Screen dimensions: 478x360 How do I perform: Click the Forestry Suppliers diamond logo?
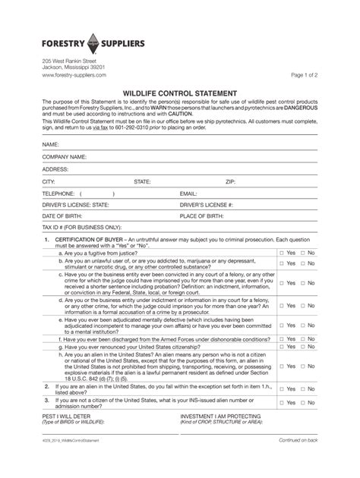coord(96,43)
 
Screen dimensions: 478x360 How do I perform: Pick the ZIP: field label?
coord(231,182)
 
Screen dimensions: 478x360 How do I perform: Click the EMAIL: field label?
coord(188,193)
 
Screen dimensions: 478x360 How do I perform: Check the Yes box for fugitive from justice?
coord(281,253)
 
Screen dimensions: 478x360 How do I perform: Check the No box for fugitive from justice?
coord(302,253)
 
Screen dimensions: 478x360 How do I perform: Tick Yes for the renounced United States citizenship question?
coord(281,346)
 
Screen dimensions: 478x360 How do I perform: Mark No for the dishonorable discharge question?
coord(302,338)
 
